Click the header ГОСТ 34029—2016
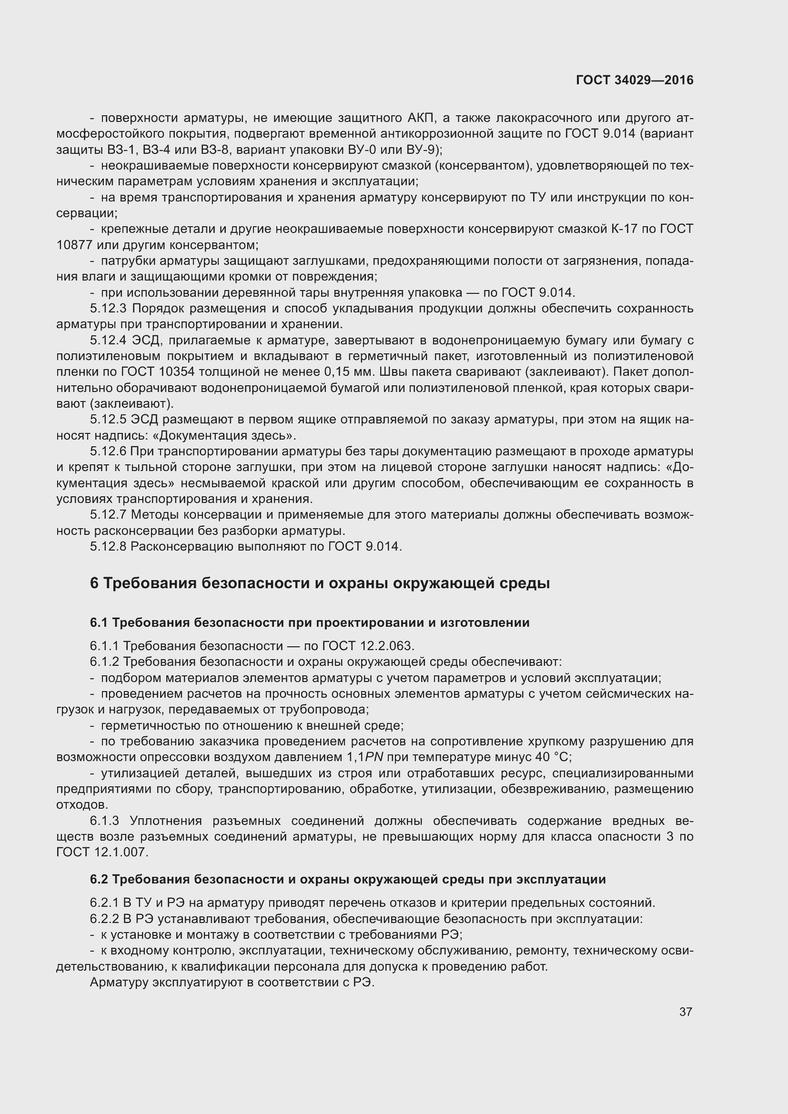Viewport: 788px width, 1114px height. (635, 80)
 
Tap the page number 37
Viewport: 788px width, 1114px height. (685, 1012)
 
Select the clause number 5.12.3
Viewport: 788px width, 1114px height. (108, 309)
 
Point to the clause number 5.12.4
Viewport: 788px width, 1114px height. (108, 340)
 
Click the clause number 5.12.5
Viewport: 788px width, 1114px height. (108, 419)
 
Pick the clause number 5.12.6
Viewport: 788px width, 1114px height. (108, 451)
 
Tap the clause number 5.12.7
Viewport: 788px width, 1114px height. (108, 515)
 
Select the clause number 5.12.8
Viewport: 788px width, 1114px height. (108, 546)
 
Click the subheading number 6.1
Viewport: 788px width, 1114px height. (99, 622)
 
